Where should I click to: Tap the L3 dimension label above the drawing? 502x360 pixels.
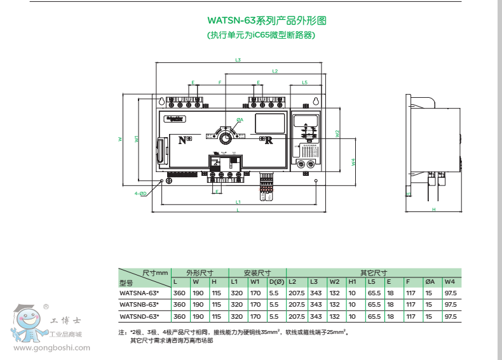(x=238, y=60)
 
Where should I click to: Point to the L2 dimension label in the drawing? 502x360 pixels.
(x=275, y=70)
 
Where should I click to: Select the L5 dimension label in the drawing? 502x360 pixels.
(x=305, y=83)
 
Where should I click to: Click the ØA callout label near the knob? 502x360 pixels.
(x=240, y=119)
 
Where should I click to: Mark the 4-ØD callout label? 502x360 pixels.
(x=140, y=192)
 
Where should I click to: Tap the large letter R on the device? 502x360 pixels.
(x=268, y=140)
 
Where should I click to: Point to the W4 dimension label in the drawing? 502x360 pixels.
(x=353, y=162)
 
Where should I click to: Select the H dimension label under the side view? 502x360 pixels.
(x=433, y=209)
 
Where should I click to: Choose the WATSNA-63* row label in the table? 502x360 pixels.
(x=139, y=293)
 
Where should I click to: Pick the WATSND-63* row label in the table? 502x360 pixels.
(x=139, y=316)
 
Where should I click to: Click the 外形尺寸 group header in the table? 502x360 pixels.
(x=199, y=271)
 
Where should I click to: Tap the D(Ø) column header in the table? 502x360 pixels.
(x=276, y=281)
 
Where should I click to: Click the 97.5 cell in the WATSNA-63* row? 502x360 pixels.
(x=451, y=293)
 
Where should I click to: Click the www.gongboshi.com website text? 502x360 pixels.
(x=47, y=347)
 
